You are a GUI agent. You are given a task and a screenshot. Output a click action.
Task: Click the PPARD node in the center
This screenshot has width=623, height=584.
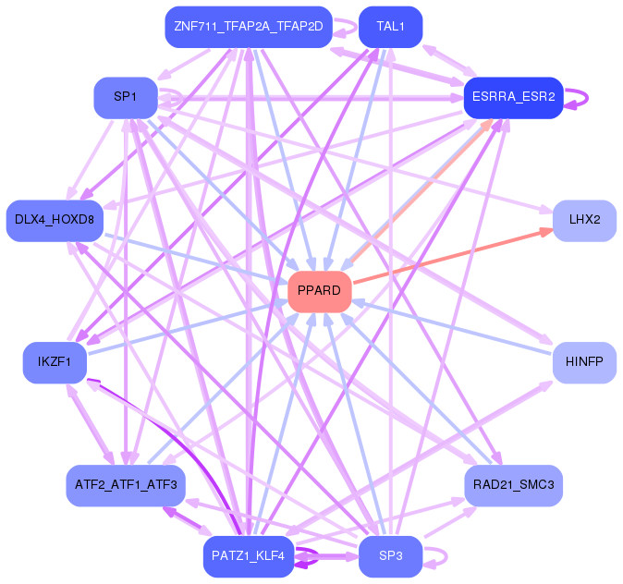point(320,292)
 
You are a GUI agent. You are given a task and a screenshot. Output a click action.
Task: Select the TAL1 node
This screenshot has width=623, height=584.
point(390,27)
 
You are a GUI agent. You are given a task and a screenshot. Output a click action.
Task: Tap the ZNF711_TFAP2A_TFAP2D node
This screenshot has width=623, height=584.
point(249,27)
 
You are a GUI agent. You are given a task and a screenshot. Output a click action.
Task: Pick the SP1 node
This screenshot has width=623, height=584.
point(126,98)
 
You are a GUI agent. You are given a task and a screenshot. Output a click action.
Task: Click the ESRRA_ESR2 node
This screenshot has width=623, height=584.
point(513,98)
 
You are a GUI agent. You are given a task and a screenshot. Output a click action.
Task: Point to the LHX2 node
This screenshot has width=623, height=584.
point(584,221)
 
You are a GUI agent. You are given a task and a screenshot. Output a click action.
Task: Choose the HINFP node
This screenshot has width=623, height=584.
point(584,362)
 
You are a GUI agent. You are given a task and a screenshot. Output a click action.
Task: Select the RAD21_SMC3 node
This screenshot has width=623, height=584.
point(513,485)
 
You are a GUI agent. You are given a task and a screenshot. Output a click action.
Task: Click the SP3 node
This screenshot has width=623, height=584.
point(390,556)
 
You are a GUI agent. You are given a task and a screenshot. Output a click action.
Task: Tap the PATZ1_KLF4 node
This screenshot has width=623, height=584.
point(249,556)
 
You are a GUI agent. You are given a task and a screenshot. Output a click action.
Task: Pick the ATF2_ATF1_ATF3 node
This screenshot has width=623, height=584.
point(126,485)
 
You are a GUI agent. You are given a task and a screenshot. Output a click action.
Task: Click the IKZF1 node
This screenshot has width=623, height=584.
point(55,362)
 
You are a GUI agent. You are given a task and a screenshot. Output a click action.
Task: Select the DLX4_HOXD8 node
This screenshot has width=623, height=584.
point(55,221)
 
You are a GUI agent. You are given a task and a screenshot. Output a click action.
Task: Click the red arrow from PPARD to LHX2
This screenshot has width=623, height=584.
point(453,255)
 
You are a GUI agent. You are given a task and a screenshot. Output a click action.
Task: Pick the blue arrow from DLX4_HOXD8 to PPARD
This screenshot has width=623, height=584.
point(196,259)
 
